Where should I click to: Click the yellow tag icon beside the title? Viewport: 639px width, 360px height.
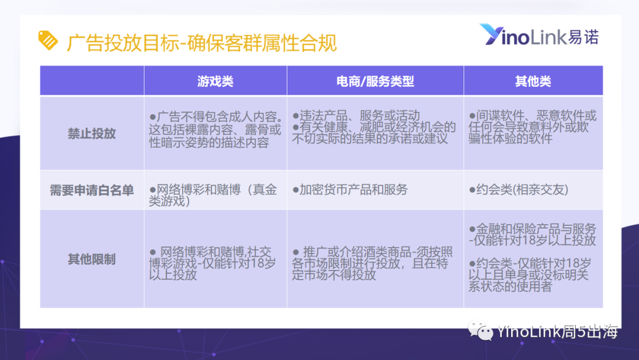point(48,40)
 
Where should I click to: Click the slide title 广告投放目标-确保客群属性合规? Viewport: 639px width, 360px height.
point(202,43)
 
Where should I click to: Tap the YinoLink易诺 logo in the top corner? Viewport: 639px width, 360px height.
point(539,35)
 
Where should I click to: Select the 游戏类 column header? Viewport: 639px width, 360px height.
point(215,81)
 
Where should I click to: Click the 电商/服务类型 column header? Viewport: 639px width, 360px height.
point(375,81)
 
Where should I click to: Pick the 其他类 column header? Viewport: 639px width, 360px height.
point(533,81)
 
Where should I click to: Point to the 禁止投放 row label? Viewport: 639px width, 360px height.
point(92,133)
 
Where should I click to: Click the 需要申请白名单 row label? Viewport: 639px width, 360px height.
point(92,190)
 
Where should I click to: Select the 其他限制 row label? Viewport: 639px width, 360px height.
point(92,259)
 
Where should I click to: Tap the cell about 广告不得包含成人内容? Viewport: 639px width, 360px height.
point(216,130)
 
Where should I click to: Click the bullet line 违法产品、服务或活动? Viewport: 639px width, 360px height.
point(356,116)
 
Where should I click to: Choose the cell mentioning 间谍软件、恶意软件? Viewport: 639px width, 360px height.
point(532,127)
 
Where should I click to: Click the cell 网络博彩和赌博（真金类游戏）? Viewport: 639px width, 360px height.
point(213,195)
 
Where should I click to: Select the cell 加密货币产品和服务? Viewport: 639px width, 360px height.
point(350,189)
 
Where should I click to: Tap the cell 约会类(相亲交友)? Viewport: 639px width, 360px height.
point(518,189)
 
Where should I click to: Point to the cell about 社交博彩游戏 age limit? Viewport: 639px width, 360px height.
point(212,263)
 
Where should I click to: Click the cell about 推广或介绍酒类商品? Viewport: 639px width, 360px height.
point(372,263)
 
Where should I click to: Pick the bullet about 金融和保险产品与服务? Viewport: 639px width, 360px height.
point(532,234)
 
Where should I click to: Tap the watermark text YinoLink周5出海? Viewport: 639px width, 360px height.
point(557,332)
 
